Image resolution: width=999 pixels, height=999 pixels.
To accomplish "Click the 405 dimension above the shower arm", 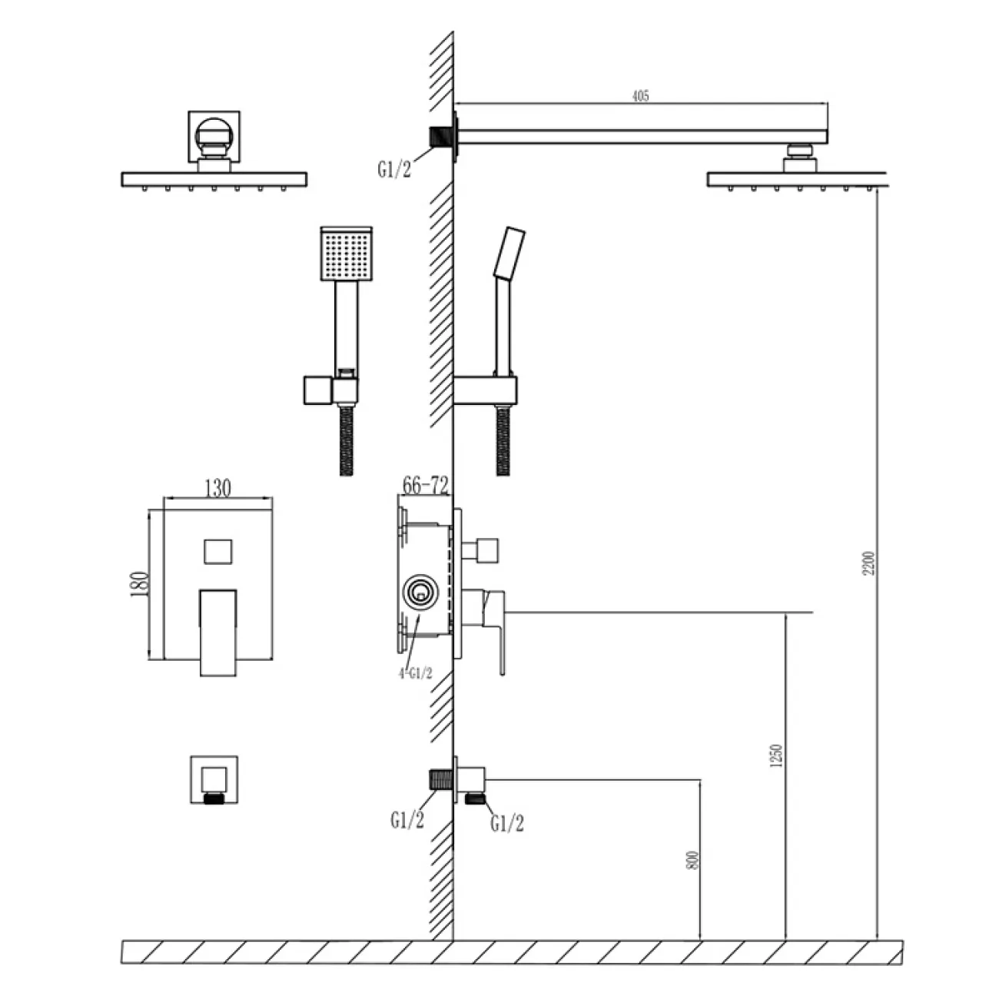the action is [x=640, y=96].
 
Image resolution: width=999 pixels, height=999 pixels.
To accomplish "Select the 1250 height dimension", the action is [x=776, y=756].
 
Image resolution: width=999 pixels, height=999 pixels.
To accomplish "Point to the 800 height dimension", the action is [x=692, y=860].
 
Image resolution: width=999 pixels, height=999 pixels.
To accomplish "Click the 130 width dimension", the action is [x=217, y=488].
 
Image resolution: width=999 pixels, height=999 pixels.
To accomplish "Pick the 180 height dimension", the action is [x=139, y=584].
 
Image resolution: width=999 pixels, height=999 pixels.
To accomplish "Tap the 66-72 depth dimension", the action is [x=425, y=485].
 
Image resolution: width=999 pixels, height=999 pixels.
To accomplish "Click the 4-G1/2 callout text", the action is [x=415, y=673].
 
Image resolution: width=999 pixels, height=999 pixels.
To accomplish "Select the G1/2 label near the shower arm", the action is [x=394, y=169].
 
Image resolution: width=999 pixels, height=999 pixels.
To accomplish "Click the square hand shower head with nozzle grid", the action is [x=347, y=254].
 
